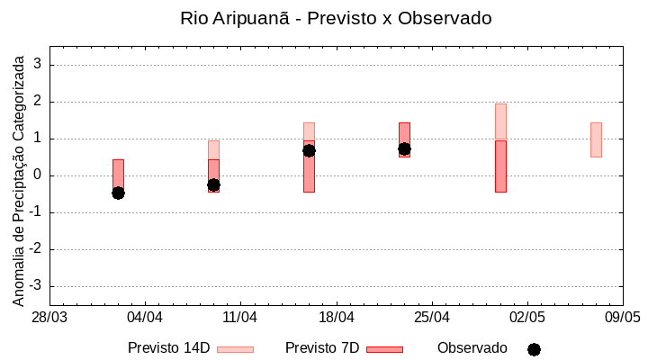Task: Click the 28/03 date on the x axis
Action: tap(49, 318)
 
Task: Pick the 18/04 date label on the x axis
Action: tap(336, 318)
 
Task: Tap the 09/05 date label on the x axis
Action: tap(622, 318)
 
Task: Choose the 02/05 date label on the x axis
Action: tap(527, 318)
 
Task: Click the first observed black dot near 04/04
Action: tap(118, 193)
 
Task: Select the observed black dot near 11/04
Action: tap(213, 184)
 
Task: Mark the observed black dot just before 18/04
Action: tap(309, 150)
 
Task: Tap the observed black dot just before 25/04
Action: tap(404, 148)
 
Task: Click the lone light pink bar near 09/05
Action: tap(596, 139)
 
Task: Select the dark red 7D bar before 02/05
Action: tap(500, 166)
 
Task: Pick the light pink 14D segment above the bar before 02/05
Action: tap(500, 121)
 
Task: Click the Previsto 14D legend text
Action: tap(168, 348)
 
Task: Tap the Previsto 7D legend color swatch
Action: tap(384, 349)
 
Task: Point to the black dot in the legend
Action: tap(534, 349)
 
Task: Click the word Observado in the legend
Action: tap(472, 348)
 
